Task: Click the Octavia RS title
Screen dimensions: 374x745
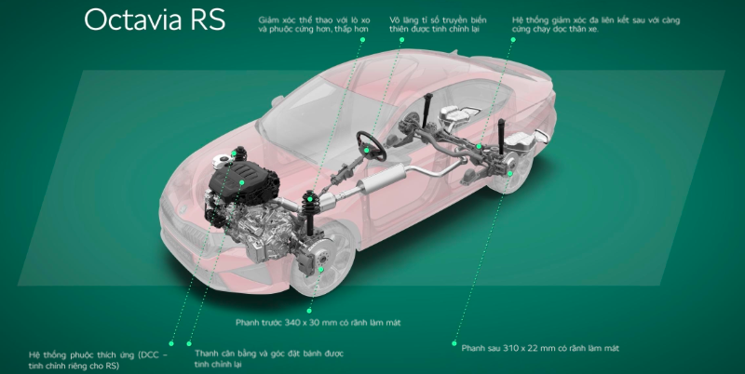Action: (x=154, y=20)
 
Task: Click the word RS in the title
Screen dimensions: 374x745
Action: (x=206, y=20)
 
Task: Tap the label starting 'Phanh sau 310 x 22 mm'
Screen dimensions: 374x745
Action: (x=540, y=347)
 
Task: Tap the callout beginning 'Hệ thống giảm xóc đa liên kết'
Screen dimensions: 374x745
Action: (x=596, y=23)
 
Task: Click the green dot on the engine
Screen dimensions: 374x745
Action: (x=240, y=183)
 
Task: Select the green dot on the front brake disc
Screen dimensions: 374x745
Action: (x=320, y=269)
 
